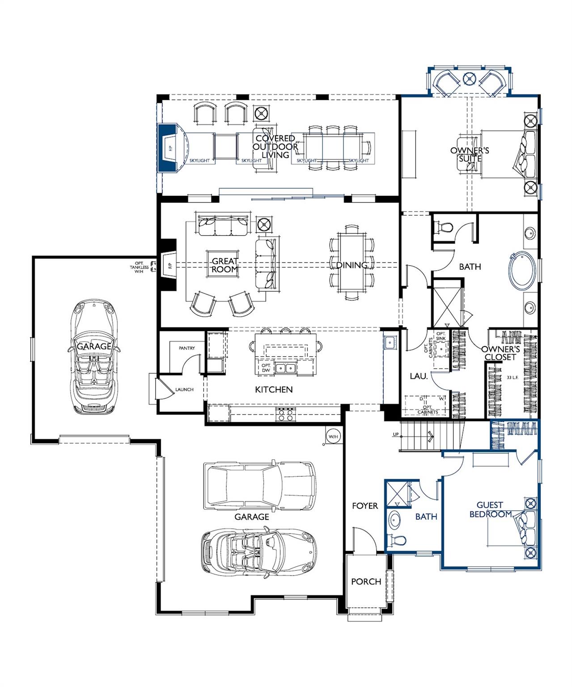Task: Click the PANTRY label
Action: click(x=186, y=348)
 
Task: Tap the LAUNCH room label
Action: click(x=184, y=390)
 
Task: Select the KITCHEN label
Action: click(x=274, y=390)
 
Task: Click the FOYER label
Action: click(x=365, y=506)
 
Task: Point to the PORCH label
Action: click(x=366, y=581)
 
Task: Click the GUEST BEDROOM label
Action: click(x=490, y=510)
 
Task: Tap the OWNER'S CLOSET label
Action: click(x=500, y=353)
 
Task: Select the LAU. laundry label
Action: click(x=419, y=377)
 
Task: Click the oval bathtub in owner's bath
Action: click(x=521, y=270)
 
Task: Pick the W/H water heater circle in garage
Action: click(x=333, y=437)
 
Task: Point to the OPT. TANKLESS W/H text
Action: click(x=136, y=267)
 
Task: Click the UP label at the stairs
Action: click(x=395, y=434)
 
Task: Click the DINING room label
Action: click(x=352, y=265)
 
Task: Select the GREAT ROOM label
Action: click(x=225, y=265)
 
